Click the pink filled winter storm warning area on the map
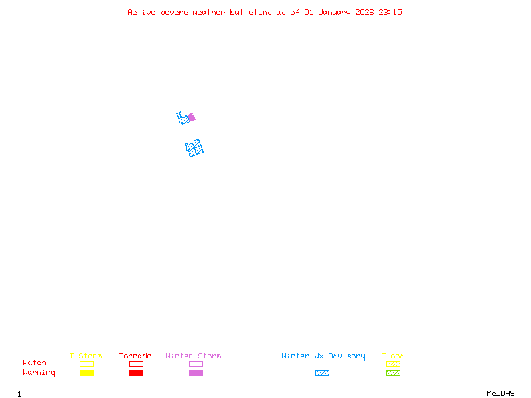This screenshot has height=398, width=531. click(192, 117)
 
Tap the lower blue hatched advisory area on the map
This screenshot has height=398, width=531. click(194, 148)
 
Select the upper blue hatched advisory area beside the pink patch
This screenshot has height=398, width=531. click(183, 119)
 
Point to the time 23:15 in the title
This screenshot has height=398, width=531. click(390, 12)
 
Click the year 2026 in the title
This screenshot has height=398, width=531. click(364, 12)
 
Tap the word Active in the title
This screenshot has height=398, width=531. click(141, 12)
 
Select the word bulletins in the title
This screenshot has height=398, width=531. click(251, 12)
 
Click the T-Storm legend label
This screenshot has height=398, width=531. click(86, 356)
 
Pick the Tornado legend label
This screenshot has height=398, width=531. click(135, 356)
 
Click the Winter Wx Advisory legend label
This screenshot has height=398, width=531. click(323, 356)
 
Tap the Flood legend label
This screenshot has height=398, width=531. click(393, 356)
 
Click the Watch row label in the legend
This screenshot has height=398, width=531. click(35, 363)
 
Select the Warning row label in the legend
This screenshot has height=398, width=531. click(39, 373)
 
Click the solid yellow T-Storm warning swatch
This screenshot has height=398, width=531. click(86, 373)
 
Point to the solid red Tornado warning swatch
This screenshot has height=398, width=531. click(136, 373)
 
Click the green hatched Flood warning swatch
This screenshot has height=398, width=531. click(393, 373)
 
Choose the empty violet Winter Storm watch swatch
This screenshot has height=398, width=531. click(196, 364)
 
